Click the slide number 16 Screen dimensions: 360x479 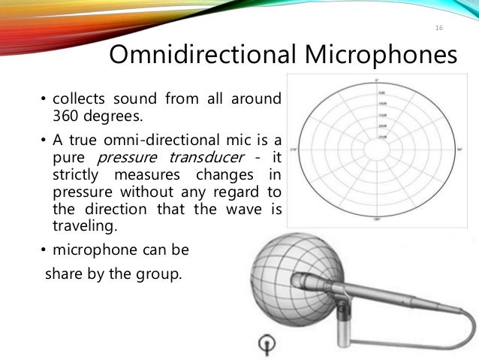tap(439, 28)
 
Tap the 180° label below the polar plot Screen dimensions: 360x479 tap(376, 219)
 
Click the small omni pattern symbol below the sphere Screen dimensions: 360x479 tap(264, 344)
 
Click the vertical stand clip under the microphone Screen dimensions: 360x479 tap(342, 322)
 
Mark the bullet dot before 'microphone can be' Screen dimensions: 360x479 tap(43, 250)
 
